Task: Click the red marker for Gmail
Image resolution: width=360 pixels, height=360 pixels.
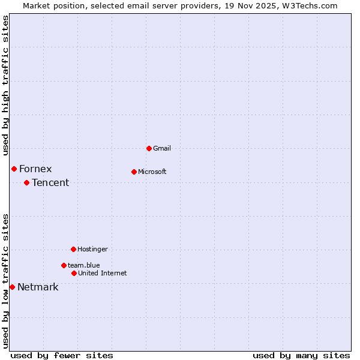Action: (149, 148)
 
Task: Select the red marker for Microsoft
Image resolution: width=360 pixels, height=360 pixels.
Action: (134, 172)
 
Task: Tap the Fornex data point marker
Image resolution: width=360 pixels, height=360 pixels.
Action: (14, 169)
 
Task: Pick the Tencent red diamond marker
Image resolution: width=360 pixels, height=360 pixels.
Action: (26, 182)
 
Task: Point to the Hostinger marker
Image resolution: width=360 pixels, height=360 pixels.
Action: (73, 249)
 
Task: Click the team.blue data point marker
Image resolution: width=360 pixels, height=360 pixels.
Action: (64, 265)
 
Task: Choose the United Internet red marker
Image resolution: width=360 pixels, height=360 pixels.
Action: (74, 273)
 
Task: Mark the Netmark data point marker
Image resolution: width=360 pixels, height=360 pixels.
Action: (12, 287)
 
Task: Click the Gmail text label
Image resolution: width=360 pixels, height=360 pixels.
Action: (162, 148)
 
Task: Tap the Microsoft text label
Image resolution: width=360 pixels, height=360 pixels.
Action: (152, 172)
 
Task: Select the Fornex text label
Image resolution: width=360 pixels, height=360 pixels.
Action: (35, 169)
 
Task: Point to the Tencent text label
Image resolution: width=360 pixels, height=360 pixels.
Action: (50, 182)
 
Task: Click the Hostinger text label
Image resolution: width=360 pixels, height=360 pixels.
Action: (92, 249)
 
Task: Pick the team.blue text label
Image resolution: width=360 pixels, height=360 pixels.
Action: (84, 265)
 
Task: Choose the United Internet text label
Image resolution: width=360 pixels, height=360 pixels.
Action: (103, 273)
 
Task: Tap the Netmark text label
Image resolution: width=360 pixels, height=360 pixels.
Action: (38, 287)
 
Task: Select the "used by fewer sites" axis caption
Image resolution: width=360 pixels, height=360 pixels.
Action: (62, 355)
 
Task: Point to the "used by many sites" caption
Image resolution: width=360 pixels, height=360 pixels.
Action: (301, 355)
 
